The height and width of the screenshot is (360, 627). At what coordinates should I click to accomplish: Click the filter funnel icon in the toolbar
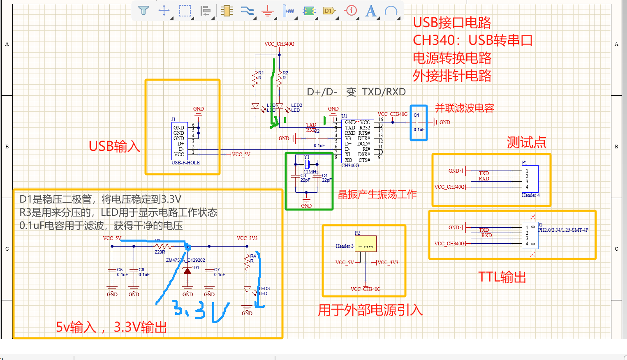click(x=143, y=10)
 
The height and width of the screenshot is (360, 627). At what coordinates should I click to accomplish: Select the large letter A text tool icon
click(x=371, y=11)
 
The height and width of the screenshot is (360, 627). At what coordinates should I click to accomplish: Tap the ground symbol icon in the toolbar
click(x=268, y=11)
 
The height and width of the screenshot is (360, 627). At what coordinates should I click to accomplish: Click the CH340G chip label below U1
click(x=350, y=166)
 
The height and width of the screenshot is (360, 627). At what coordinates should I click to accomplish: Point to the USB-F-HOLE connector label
click(x=185, y=163)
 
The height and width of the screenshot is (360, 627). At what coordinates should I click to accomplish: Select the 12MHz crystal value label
click(x=311, y=172)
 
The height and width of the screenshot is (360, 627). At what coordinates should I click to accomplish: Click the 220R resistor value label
click(x=160, y=252)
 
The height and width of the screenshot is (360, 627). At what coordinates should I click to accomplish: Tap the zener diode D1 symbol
click(x=187, y=270)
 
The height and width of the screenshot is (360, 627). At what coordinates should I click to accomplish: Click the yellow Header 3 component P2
click(x=366, y=244)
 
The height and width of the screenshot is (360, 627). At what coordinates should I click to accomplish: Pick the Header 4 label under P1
click(x=530, y=195)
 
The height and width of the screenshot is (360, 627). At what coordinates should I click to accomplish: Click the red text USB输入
click(x=114, y=146)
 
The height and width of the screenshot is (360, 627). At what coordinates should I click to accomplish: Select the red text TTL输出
click(x=502, y=277)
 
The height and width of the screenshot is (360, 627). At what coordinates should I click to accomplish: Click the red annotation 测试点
click(x=526, y=143)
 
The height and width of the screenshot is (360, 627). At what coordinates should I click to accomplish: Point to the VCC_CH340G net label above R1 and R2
click(x=279, y=44)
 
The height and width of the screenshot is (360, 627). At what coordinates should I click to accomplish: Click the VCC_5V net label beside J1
click(x=241, y=155)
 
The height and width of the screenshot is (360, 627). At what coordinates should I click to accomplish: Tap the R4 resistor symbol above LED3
click(x=247, y=263)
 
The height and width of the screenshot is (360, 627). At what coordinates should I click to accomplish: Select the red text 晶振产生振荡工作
click(x=377, y=194)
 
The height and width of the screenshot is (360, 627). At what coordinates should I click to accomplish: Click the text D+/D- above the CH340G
click(x=322, y=92)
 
